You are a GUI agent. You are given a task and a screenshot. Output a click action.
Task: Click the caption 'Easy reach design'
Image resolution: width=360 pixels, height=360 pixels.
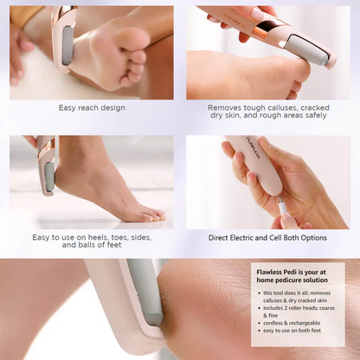click(92, 108)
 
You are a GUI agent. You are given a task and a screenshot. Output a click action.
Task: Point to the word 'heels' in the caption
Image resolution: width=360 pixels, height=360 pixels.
click(89, 237)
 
